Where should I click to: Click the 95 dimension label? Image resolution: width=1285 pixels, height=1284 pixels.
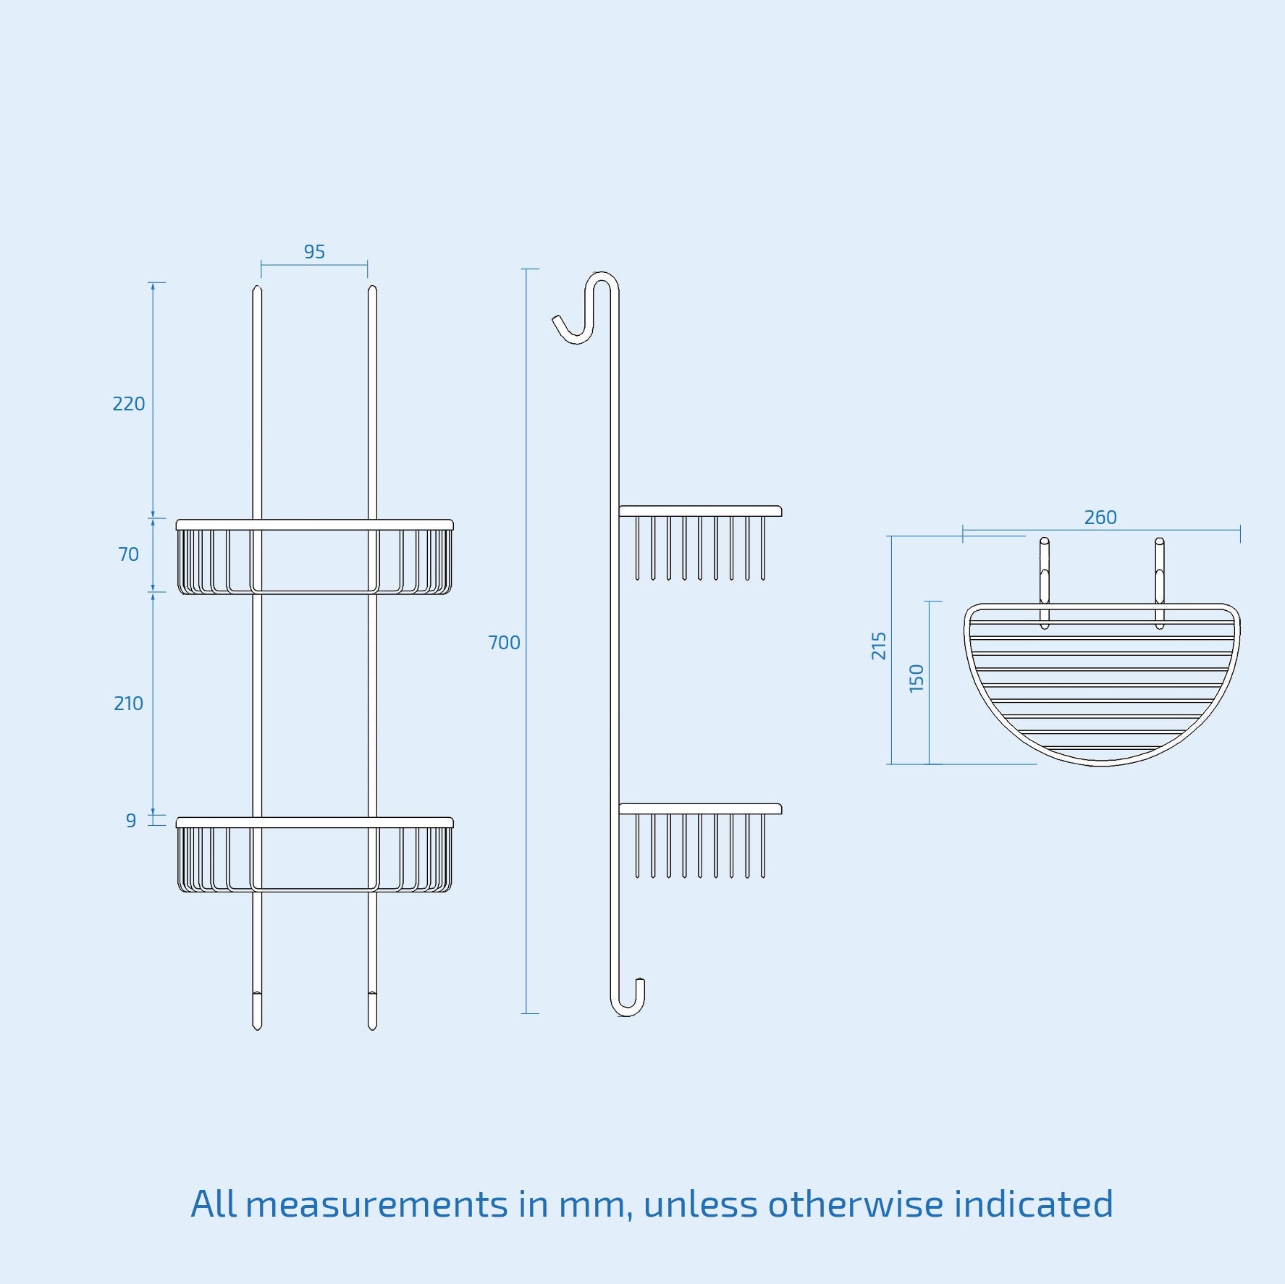pyautogui.click(x=314, y=252)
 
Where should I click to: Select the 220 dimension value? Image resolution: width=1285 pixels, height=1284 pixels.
pyautogui.click(x=129, y=404)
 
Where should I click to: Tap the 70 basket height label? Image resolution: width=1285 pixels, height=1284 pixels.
pyautogui.click(x=128, y=554)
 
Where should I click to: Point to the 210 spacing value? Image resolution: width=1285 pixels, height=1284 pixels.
pyautogui.click(x=128, y=704)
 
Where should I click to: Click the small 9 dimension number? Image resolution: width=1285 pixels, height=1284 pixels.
pyautogui.click(x=131, y=821)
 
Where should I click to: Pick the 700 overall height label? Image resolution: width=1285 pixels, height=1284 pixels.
pyautogui.click(x=504, y=643)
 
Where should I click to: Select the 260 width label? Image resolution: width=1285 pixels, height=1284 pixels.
pyautogui.click(x=1100, y=518)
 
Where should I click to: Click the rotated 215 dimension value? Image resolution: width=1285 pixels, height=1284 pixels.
pyautogui.click(x=879, y=646)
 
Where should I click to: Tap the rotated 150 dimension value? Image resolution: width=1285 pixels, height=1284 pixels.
pyautogui.click(x=917, y=678)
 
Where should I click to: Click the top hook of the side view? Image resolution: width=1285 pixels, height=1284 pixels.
pyautogui.click(x=583, y=311)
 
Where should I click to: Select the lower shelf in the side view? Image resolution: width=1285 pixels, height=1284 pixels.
pyautogui.click(x=700, y=840)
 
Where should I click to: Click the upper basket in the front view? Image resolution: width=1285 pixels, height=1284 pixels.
pyautogui.click(x=314, y=557)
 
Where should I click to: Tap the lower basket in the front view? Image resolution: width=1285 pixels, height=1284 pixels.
pyautogui.click(x=314, y=856)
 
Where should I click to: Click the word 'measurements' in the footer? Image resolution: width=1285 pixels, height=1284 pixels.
pyautogui.click(x=376, y=1205)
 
